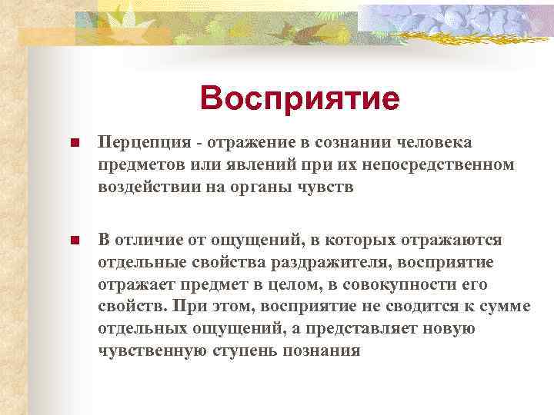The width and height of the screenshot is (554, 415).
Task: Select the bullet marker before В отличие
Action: tap(75, 241)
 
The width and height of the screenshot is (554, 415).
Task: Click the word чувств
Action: tap(327, 187)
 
